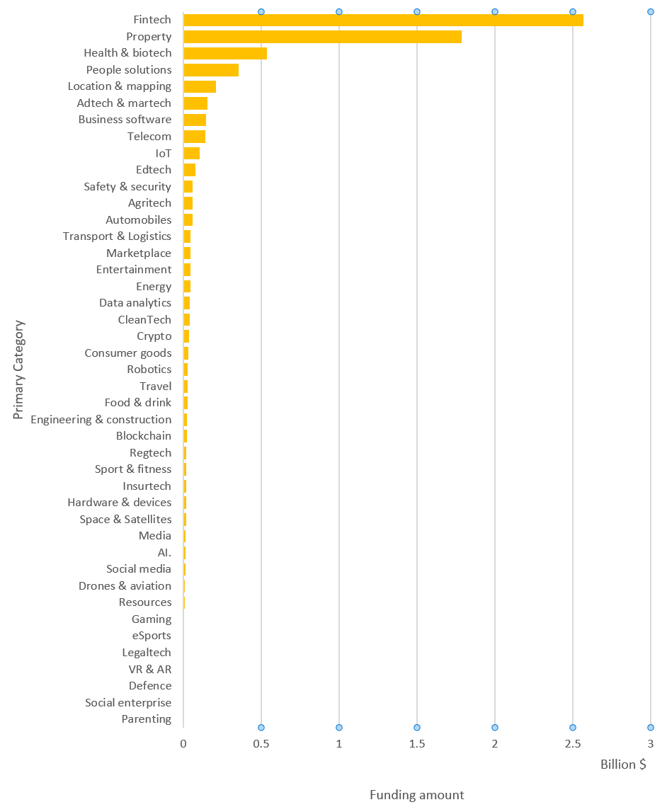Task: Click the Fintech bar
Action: coord(382,20)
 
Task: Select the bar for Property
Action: coord(322,37)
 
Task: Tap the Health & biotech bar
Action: coord(225,53)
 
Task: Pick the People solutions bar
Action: coord(211,70)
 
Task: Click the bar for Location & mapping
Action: coord(200,86)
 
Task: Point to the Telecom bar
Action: coord(194,137)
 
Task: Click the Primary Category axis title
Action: coord(19,370)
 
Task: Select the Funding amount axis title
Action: coord(416,795)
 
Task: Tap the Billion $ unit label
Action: coord(623,765)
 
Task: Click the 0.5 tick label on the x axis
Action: coord(261,744)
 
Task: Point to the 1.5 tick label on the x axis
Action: coord(417,744)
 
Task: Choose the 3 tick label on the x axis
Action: coord(650,744)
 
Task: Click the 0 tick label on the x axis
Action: coord(183,744)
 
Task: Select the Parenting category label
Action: coord(147,719)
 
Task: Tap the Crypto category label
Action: coord(154,336)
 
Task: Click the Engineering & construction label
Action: coord(101,420)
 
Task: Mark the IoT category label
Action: coord(163,153)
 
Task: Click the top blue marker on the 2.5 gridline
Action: coord(573,11)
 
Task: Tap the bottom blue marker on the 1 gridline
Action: coord(339,728)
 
